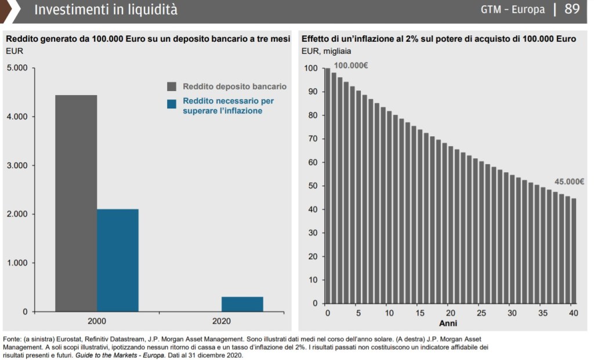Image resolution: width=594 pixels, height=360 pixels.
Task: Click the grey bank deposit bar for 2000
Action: tap(76, 203)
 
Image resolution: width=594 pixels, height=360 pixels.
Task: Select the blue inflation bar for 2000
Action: tap(118, 260)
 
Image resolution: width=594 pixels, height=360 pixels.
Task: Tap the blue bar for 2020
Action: tap(242, 304)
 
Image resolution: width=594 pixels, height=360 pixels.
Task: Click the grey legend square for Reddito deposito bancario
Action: tap(172, 86)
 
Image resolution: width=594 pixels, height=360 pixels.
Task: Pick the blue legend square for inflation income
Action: tap(172, 104)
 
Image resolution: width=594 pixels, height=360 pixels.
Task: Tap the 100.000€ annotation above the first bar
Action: tap(350, 66)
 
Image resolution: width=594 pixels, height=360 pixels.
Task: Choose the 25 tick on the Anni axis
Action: tap(481, 314)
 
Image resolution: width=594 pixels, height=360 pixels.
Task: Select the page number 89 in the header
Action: tap(572, 9)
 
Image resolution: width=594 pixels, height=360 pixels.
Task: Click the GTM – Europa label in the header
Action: tap(513, 10)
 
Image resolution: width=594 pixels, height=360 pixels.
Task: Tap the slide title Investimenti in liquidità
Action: tap(106, 10)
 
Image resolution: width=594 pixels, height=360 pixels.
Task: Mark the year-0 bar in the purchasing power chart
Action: tap(327, 186)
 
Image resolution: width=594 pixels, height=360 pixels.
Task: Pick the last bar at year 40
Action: tap(573, 250)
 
